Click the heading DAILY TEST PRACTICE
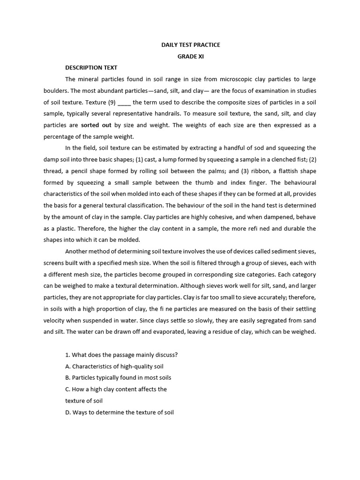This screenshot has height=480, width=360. point(190,45)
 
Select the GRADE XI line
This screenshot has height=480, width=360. point(190,56)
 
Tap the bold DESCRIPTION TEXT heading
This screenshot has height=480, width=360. point(91,67)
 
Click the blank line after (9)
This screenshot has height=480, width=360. point(124,102)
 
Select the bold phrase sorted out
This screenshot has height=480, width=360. point(96,125)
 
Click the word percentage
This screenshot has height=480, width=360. point(60,136)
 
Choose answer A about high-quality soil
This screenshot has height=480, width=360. point(114,366)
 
